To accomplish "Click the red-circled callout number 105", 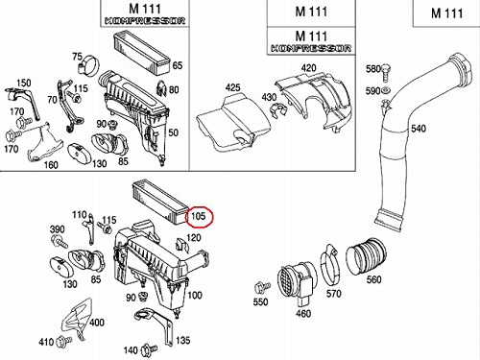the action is pyautogui.click(x=198, y=216).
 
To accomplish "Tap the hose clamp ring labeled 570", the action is pyautogui.click(x=329, y=267).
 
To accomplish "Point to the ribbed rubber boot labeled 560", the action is pyautogui.click(x=367, y=256).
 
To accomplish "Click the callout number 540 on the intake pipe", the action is pyautogui.click(x=419, y=129).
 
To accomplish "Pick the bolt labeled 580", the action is pyautogui.click(x=386, y=72).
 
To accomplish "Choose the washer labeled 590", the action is pyautogui.click(x=385, y=91).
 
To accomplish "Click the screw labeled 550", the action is pyautogui.click(x=263, y=287).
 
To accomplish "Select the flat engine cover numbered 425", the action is pyautogui.click(x=233, y=124).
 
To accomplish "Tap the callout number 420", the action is pyautogui.click(x=308, y=68).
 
